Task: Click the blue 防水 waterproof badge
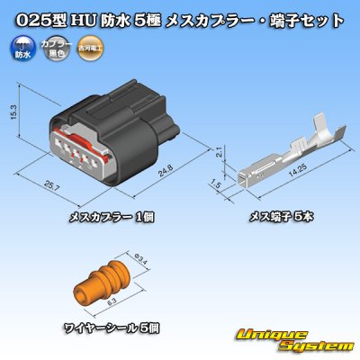pyautogui.click(x=16, y=48)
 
